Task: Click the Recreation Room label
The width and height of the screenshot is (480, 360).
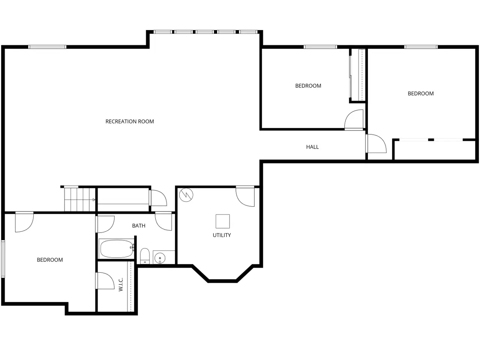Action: (x=130, y=121)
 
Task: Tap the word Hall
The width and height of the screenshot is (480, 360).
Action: (x=312, y=147)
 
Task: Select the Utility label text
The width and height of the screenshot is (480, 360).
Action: (x=222, y=235)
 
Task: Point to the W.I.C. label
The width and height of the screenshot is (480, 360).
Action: (x=121, y=284)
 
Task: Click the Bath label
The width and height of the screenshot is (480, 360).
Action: (x=139, y=226)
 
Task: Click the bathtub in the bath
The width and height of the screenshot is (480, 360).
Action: (x=117, y=249)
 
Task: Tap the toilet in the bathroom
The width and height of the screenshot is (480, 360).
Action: (x=144, y=256)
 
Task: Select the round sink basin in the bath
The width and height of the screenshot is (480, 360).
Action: (x=160, y=258)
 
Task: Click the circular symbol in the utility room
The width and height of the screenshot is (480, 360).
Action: (x=186, y=195)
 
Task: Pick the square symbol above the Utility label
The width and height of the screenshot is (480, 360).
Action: (x=223, y=221)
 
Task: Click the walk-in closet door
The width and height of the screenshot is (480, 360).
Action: (x=105, y=281)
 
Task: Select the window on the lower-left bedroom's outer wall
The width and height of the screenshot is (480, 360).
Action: (x=3, y=259)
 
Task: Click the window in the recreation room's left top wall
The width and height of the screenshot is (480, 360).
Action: (x=47, y=47)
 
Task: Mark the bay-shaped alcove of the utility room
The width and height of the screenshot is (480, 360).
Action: (x=223, y=273)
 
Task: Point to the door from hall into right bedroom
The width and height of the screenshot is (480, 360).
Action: (x=376, y=143)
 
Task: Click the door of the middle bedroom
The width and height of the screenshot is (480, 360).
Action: (x=354, y=120)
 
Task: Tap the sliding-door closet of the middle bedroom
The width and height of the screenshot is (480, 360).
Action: (x=357, y=75)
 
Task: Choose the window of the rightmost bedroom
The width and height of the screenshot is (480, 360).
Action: (x=421, y=47)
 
